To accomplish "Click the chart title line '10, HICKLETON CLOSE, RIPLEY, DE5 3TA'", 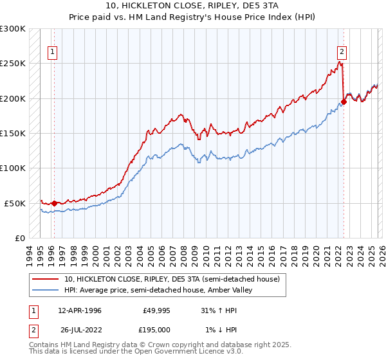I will pyautogui.click(x=193, y=6).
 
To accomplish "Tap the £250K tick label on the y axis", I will pyautogui.click(x=13, y=64).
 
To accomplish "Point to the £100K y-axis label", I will pyautogui.click(x=13, y=168).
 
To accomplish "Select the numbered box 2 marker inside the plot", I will pyautogui.click(x=342, y=53).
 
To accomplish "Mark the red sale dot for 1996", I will pyautogui.click(x=54, y=203).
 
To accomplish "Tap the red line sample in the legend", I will pyautogui.click(x=46, y=280).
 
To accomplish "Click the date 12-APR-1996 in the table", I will pyautogui.click(x=80, y=310).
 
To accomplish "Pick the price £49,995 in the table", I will pyautogui.click(x=155, y=310).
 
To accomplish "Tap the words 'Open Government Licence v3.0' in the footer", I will pyautogui.click(x=183, y=353).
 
